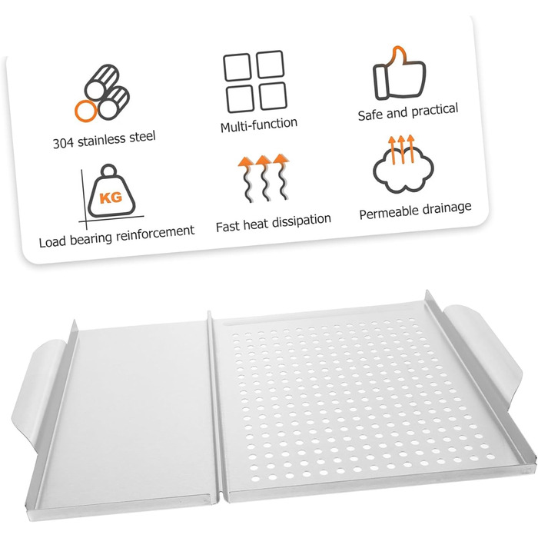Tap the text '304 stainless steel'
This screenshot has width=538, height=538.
(x=104, y=139)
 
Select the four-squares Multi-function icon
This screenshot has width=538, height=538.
(x=255, y=81)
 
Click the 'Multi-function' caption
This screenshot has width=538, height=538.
(x=259, y=125)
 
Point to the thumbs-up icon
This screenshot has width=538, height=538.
(x=399, y=73)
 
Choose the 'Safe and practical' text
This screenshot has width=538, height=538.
(x=408, y=112)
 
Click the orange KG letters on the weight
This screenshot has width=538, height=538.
(x=111, y=198)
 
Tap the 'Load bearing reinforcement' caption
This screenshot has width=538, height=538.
(x=116, y=236)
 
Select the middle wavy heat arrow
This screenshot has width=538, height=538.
(x=264, y=178)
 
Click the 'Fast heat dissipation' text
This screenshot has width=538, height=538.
(x=274, y=223)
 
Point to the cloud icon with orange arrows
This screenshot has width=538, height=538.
(x=403, y=164)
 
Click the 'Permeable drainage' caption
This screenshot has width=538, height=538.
(x=415, y=211)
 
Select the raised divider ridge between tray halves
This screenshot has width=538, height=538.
(x=216, y=405)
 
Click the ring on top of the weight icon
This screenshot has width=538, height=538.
(x=109, y=170)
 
